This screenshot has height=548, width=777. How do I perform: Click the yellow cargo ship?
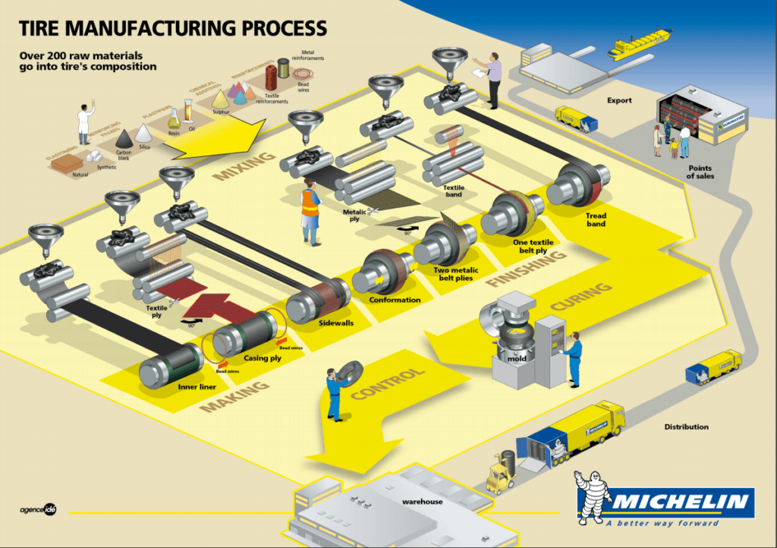click(640, 43)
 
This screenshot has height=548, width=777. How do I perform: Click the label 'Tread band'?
click(596, 220)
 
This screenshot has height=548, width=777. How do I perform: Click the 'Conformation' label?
click(395, 300)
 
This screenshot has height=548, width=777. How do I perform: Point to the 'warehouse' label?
click(422, 502)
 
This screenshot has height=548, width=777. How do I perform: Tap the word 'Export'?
click(619, 100)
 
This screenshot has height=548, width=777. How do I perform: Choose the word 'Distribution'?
click(686, 427)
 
